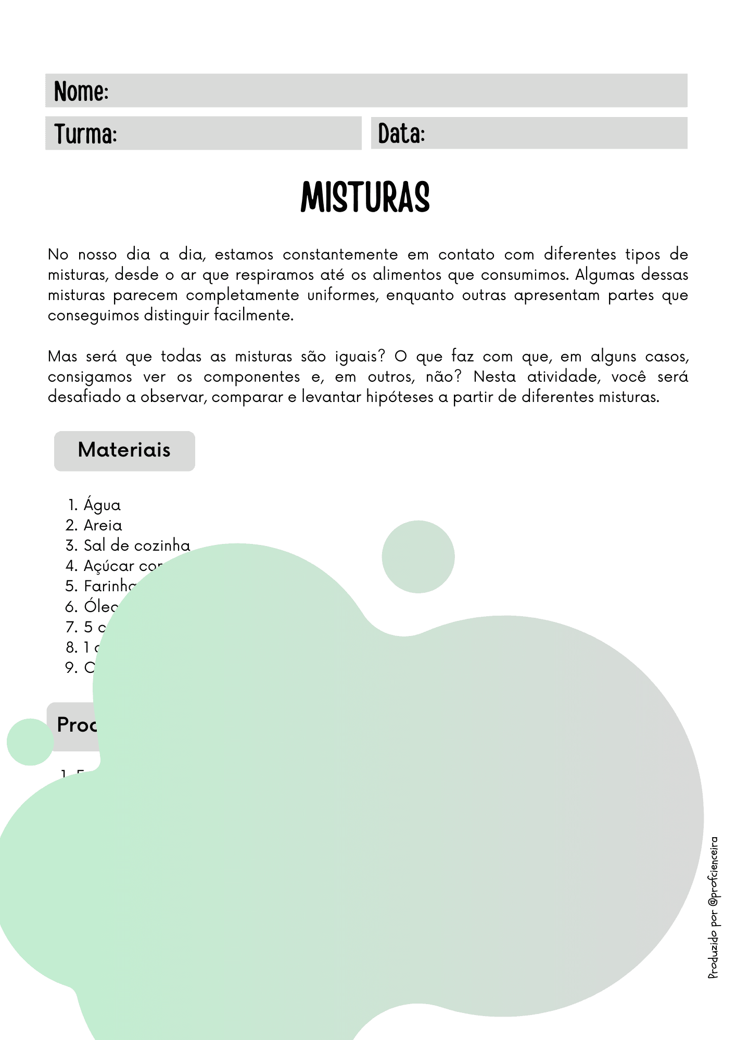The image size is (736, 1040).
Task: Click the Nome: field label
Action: (81, 92)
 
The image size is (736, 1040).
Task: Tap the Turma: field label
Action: (85, 134)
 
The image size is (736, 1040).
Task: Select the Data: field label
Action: (401, 134)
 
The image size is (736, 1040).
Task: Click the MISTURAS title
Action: (365, 198)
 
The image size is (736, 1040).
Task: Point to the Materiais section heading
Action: (124, 450)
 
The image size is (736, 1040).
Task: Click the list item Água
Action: (102, 505)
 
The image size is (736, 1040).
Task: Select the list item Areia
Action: (103, 525)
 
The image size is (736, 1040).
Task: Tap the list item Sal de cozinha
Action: (137, 545)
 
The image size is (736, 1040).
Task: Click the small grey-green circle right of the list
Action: (418, 557)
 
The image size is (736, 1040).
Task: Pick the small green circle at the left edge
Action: (30, 742)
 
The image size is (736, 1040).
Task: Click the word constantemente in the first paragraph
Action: (340, 255)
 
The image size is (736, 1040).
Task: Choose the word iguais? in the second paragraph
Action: (360, 357)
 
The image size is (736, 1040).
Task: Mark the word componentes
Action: (251, 377)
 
